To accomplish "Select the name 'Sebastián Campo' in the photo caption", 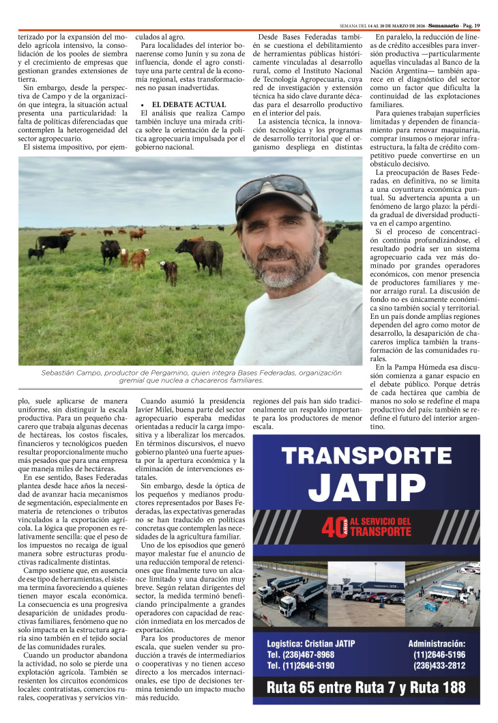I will [x=69, y=373].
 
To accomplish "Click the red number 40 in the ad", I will [x=329, y=528].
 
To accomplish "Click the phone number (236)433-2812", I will [x=439, y=666].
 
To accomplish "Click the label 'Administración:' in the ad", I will [x=437, y=643].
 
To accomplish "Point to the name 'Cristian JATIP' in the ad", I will [x=327, y=643].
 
